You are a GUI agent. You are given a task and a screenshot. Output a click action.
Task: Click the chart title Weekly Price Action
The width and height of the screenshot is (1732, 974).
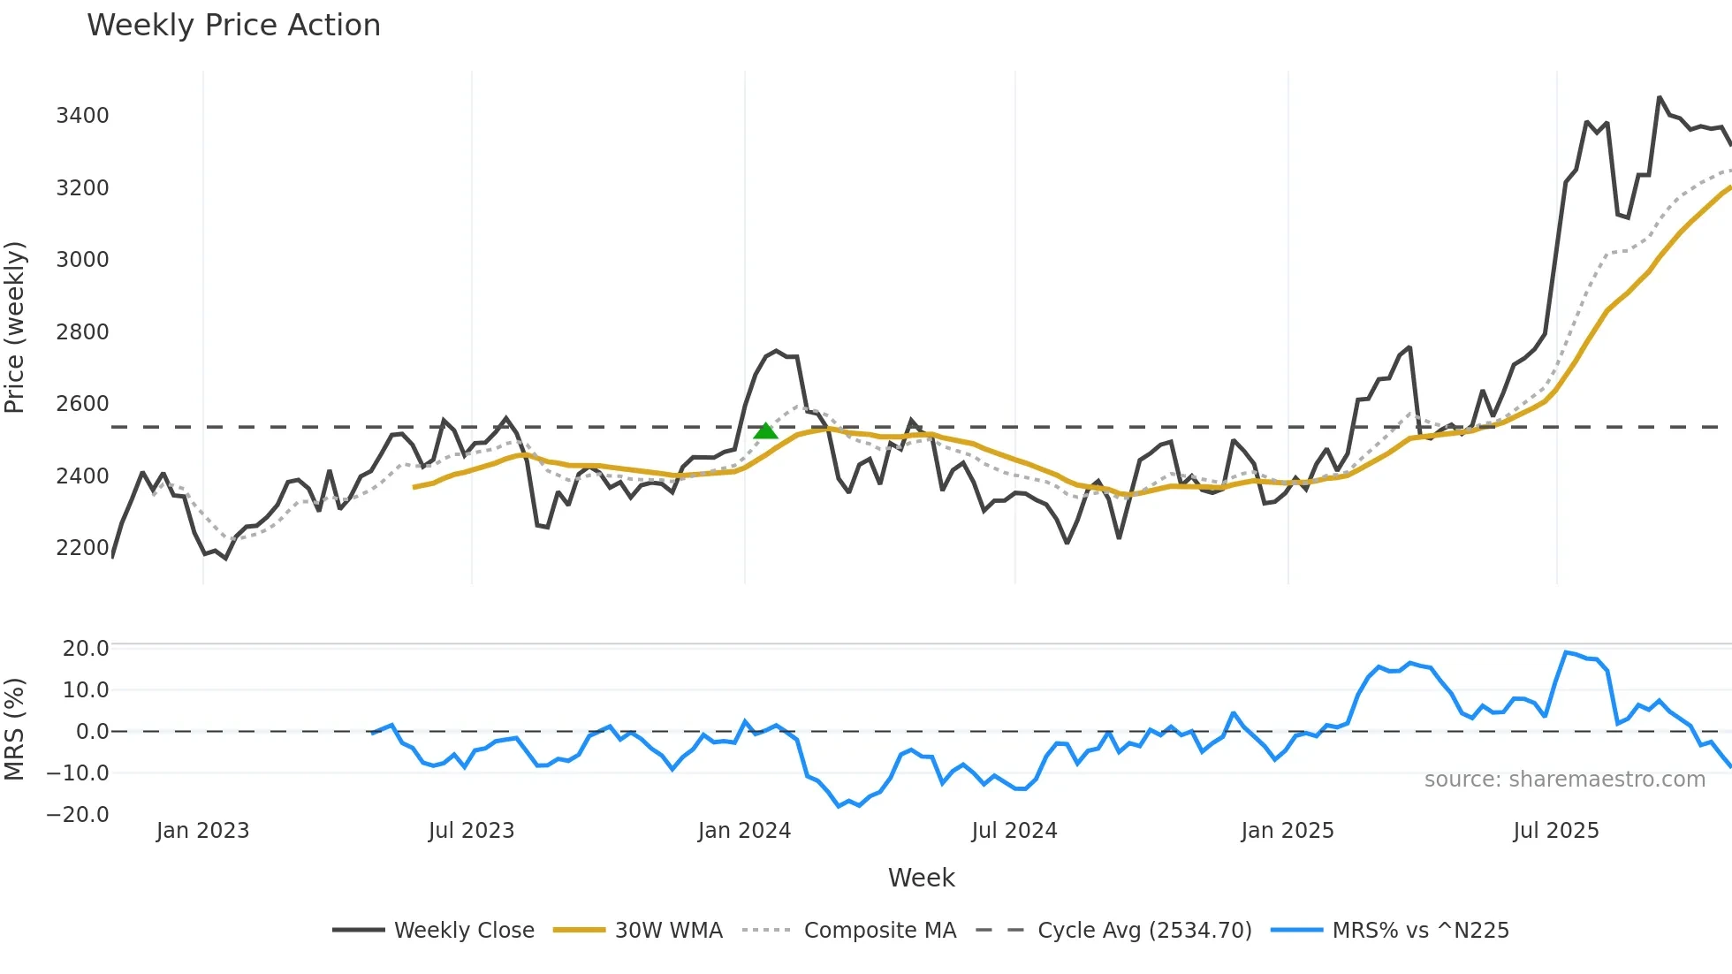233,26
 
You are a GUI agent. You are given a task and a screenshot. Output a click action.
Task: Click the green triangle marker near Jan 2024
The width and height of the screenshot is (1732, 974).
765,431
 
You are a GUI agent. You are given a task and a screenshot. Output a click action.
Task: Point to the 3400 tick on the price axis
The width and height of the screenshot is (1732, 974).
82,116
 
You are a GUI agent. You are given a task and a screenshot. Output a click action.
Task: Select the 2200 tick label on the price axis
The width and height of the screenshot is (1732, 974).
82,548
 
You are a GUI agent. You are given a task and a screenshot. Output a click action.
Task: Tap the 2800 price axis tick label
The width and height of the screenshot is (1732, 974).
82,332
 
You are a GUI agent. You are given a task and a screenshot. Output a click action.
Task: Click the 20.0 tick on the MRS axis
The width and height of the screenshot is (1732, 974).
86,649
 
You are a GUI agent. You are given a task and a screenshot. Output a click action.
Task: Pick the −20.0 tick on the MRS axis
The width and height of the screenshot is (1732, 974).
79,815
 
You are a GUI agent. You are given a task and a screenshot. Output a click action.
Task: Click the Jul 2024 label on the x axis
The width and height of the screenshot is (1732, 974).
1014,831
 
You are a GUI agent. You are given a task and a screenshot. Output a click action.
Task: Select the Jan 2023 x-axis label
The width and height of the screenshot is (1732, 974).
202,831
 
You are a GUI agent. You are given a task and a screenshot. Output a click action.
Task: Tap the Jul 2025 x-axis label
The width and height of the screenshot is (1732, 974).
1555,831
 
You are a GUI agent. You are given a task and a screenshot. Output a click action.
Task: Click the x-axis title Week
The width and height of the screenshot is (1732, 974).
921,878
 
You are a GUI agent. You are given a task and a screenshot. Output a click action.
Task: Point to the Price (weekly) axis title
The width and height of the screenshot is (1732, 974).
15,327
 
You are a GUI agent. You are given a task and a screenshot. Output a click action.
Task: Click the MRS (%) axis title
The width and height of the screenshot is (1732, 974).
15,729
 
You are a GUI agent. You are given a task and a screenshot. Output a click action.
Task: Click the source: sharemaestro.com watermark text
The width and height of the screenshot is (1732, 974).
1564,780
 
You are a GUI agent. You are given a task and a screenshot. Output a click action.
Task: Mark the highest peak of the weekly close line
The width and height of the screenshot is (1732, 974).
1660,98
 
